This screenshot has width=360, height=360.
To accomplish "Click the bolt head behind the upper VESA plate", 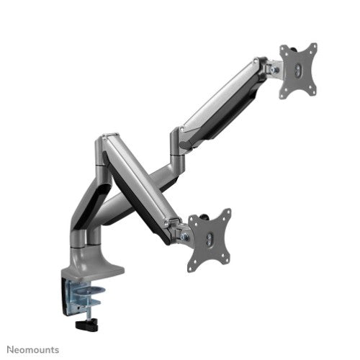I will (x=273, y=68).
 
